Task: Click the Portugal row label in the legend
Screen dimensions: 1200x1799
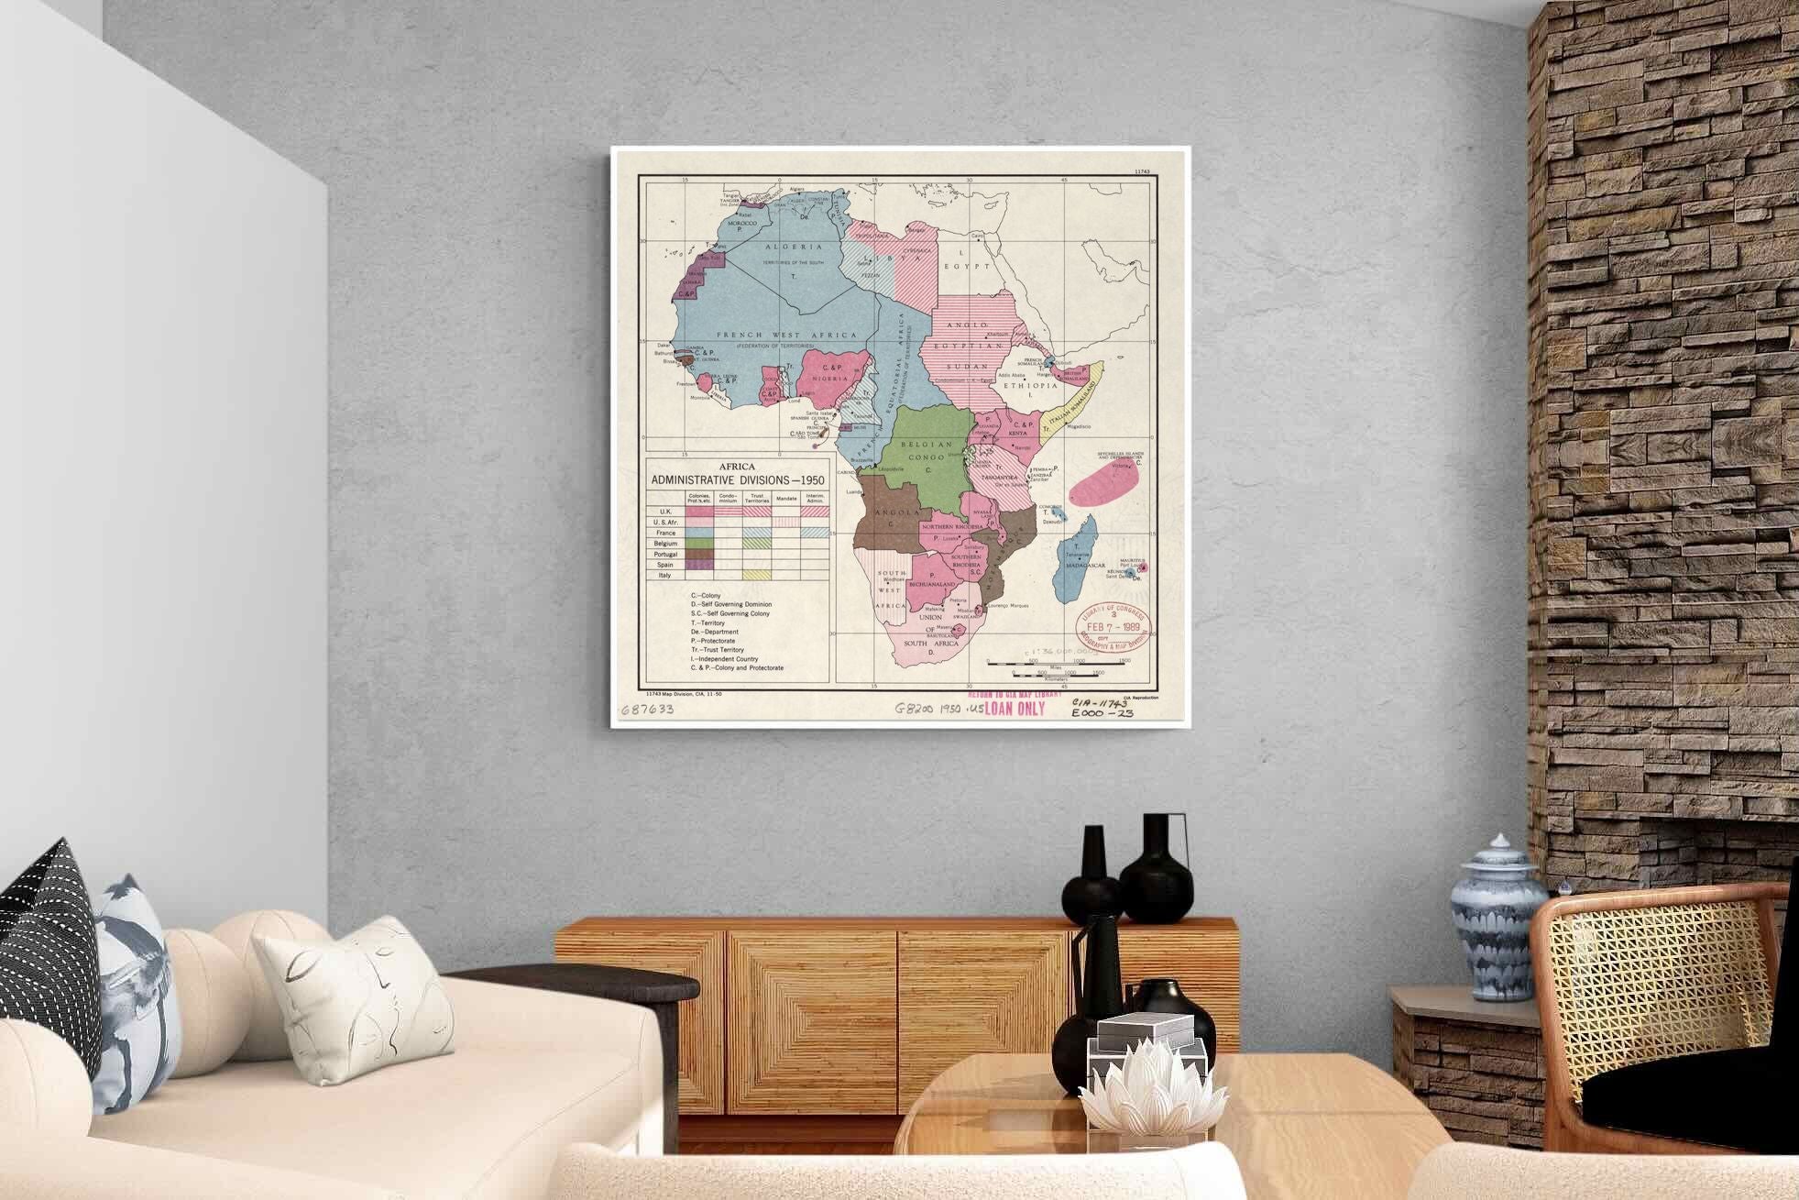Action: click(665, 555)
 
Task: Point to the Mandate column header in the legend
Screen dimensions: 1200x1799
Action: click(786, 499)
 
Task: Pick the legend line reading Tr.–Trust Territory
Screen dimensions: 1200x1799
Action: click(718, 650)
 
